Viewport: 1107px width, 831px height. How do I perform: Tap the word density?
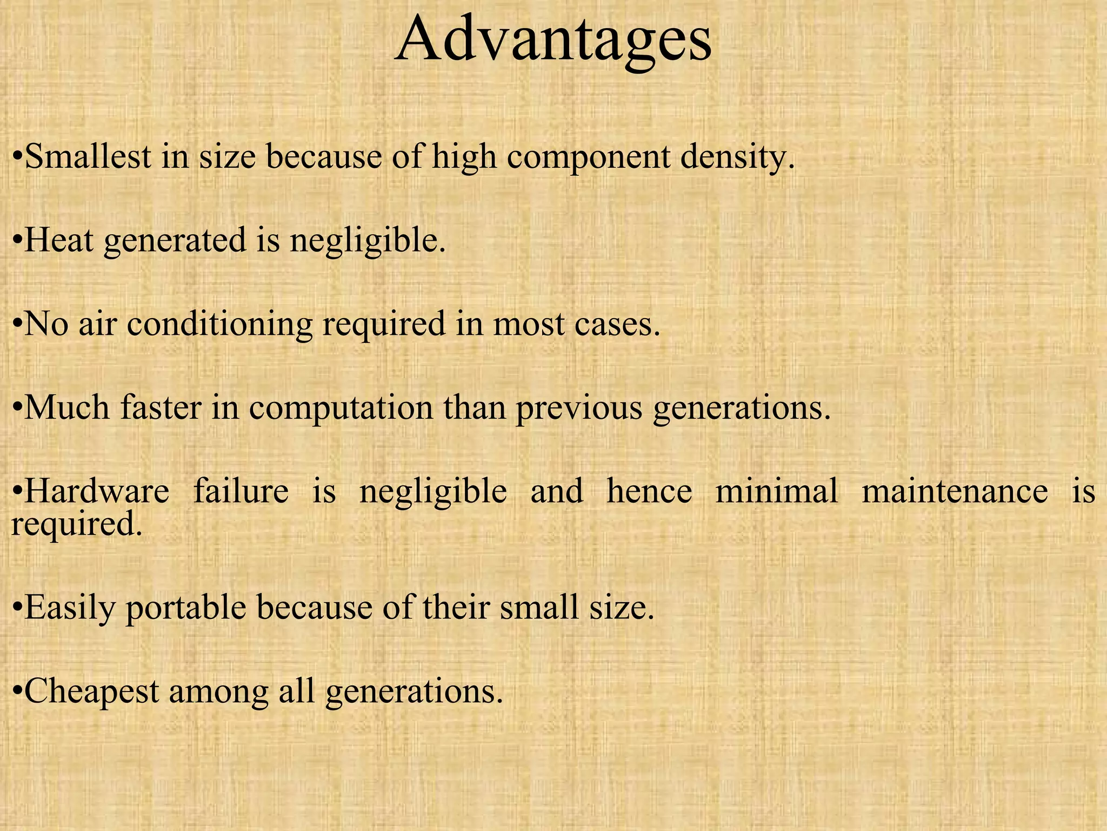point(737,157)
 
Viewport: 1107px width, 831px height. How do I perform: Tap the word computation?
point(341,408)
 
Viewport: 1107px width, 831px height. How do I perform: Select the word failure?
point(241,491)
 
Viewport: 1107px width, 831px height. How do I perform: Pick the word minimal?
point(777,491)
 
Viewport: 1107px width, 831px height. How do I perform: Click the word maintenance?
point(955,491)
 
